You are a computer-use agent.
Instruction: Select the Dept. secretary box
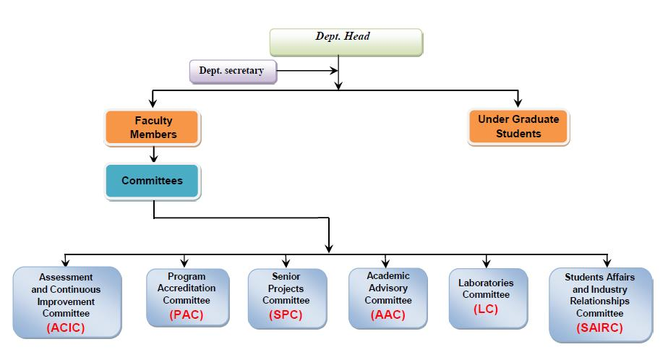[x=231, y=71]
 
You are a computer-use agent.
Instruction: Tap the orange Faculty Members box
[x=153, y=127]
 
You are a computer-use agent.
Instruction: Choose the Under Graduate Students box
[x=518, y=127]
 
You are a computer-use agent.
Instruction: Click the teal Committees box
[x=152, y=181]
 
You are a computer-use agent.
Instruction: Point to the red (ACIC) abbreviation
[x=67, y=327]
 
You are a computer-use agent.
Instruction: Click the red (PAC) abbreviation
[x=187, y=314]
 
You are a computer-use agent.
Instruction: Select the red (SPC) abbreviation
[x=286, y=314]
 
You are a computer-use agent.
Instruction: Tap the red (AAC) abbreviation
[x=387, y=314]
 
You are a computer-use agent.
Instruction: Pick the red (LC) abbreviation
[x=486, y=309]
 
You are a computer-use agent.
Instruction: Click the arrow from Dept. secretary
[x=307, y=71]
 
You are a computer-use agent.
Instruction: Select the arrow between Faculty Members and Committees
[x=153, y=153]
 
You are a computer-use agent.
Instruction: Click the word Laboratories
[x=486, y=283]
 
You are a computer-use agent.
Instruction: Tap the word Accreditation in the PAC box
[x=186, y=288]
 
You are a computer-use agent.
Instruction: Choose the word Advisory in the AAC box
[x=387, y=288]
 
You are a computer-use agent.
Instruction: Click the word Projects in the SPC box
[x=286, y=288]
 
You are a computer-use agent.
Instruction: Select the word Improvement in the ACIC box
[x=67, y=301]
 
